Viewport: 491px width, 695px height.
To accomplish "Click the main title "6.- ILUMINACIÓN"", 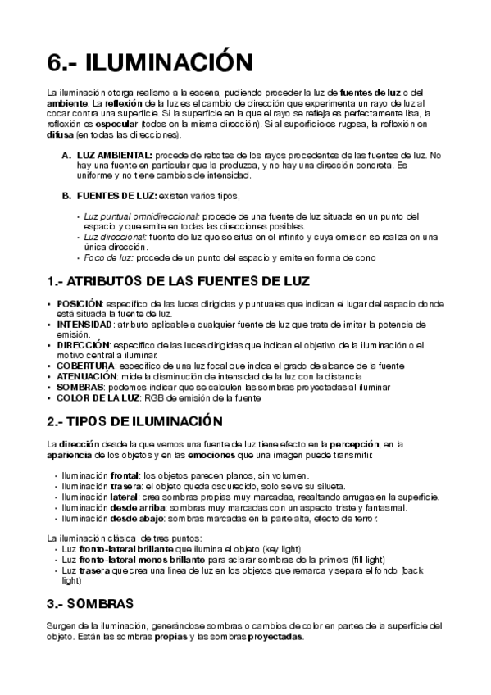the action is tap(148, 62).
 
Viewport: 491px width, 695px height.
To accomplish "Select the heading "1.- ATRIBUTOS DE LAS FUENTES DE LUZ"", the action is tap(179, 282).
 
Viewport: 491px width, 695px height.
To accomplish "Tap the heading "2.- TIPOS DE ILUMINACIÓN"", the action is tap(135, 421).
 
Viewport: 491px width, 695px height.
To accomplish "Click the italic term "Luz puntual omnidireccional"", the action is tap(137, 216).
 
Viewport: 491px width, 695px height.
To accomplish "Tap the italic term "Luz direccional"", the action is tap(114, 237).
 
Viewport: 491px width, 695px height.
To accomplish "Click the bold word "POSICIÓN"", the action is tap(80, 303).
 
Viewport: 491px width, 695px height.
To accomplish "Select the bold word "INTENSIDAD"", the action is tap(84, 325).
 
